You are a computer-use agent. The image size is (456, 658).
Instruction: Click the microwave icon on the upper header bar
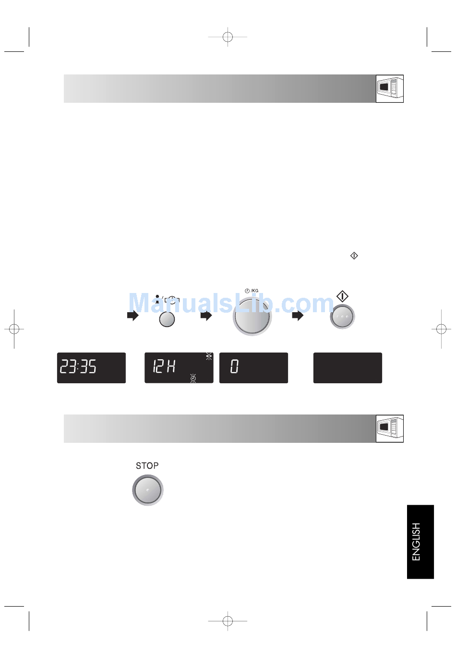(x=390, y=88)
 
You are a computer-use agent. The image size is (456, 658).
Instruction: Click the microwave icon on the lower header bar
(x=390, y=428)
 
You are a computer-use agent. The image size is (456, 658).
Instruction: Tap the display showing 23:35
(x=91, y=368)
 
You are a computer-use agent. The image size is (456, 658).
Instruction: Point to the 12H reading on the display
(x=164, y=366)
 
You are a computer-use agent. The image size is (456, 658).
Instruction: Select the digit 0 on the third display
(x=234, y=366)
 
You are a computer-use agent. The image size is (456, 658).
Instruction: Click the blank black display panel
(x=348, y=368)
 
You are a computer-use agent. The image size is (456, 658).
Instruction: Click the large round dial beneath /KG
(x=252, y=317)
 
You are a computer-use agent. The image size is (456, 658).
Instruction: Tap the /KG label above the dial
(x=254, y=291)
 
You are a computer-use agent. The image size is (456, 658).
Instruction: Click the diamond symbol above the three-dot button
(x=342, y=296)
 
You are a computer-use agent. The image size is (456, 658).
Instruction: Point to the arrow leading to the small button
(x=132, y=316)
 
